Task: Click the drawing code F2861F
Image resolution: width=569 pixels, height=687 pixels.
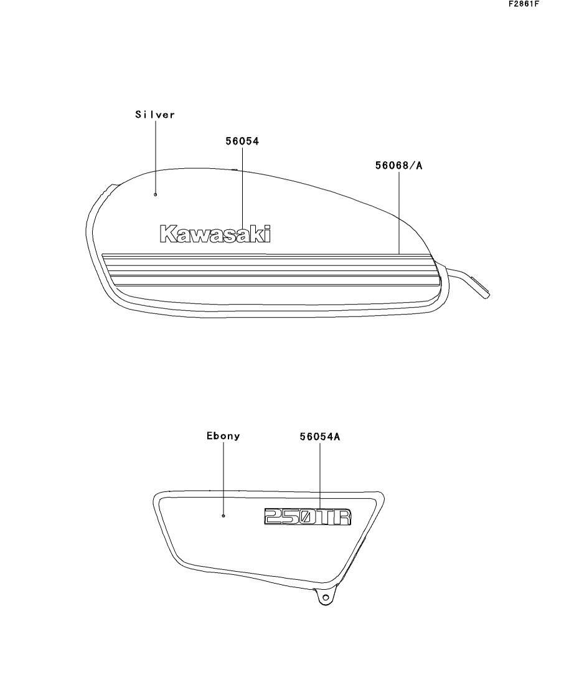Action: click(524, 4)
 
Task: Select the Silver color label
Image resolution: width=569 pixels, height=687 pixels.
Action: click(155, 115)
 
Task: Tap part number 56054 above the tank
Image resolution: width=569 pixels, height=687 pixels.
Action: click(242, 141)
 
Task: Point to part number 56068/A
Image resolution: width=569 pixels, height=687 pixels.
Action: click(398, 166)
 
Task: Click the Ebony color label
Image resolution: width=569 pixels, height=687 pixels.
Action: click(223, 436)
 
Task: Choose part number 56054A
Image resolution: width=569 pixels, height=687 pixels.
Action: click(320, 437)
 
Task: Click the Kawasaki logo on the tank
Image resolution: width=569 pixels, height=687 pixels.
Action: click(215, 234)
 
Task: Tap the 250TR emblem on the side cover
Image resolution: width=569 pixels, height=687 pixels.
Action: click(308, 516)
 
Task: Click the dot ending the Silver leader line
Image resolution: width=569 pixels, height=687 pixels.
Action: click(156, 194)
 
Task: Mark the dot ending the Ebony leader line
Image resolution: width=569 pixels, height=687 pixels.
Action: click(223, 516)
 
